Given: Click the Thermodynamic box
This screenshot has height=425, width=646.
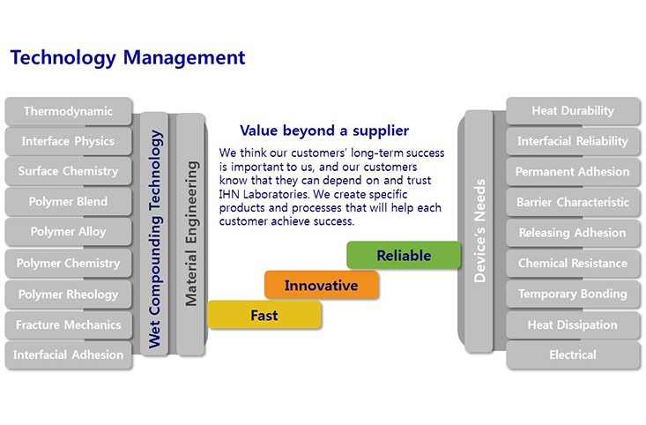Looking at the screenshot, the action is tap(69, 111).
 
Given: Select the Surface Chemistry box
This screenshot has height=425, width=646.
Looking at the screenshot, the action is tap(69, 171).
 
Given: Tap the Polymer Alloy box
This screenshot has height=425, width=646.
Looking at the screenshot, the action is tap(69, 232).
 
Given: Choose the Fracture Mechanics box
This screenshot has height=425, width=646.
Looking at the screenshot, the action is tap(69, 324).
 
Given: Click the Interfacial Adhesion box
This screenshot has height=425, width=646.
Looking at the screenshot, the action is tap(69, 355).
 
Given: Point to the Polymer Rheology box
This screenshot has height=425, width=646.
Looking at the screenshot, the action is tap(69, 295).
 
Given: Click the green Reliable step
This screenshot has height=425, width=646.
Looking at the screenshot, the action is tap(404, 255).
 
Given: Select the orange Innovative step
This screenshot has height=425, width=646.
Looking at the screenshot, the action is tap(322, 285).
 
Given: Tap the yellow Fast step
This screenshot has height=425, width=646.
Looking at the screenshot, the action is tap(264, 315).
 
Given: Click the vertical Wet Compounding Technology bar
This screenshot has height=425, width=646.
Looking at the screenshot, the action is tap(154, 234).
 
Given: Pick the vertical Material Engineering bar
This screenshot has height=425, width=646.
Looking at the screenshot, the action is tap(190, 234).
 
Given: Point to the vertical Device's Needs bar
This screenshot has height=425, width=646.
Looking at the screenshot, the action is tap(479, 231).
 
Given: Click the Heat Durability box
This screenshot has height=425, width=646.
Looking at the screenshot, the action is tap(573, 110).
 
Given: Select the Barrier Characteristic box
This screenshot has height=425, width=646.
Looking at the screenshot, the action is tap(573, 202).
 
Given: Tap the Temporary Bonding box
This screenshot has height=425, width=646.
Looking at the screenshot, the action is tap(573, 294).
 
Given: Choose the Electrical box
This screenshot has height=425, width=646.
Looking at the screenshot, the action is tap(573, 355).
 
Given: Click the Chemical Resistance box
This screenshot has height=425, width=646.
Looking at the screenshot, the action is tap(573, 263).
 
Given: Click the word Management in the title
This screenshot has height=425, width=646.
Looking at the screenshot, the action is tap(184, 57).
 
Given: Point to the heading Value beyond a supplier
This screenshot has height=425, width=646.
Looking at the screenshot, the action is tap(324, 130).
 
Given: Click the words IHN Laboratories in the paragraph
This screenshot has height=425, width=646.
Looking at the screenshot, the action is tap(264, 194).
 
